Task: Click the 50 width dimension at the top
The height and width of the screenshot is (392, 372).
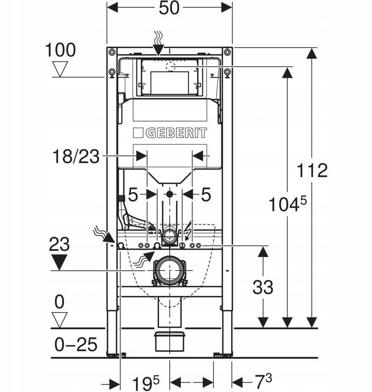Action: (x=169, y=8)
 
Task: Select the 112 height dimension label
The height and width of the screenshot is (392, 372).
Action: (x=312, y=171)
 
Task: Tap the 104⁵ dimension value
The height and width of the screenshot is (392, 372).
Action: (x=287, y=203)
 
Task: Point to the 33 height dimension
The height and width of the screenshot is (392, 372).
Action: (x=263, y=287)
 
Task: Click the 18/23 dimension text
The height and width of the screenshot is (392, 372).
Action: (x=76, y=157)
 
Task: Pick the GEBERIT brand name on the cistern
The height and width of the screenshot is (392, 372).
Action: (x=176, y=133)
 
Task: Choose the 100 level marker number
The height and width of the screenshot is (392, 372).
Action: (x=60, y=50)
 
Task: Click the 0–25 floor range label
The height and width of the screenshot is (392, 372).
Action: (x=76, y=344)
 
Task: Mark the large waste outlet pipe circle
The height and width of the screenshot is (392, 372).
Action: (x=170, y=270)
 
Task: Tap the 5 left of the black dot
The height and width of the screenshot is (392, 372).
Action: (x=133, y=195)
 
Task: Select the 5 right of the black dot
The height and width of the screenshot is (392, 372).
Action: (x=206, y=195)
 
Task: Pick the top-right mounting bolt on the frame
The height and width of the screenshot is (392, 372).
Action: (x=227, y=52)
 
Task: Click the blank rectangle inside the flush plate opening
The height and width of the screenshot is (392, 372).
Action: (x=170, y=83)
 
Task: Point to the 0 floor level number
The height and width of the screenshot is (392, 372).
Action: (x=59, y=302)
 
